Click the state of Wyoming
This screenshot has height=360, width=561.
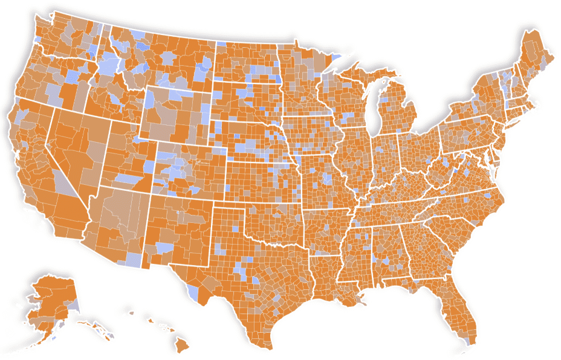click(175, 115)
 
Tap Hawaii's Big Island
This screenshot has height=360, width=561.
click(182, 345)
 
